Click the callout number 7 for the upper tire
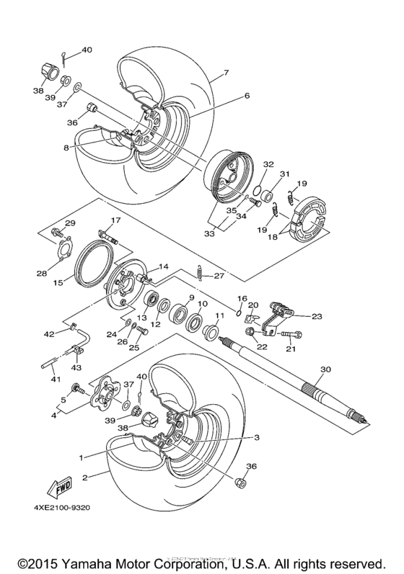[226, 73]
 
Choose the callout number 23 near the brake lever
[317, 315]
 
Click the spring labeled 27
[201, 274]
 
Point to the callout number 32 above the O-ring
[268, 164]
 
